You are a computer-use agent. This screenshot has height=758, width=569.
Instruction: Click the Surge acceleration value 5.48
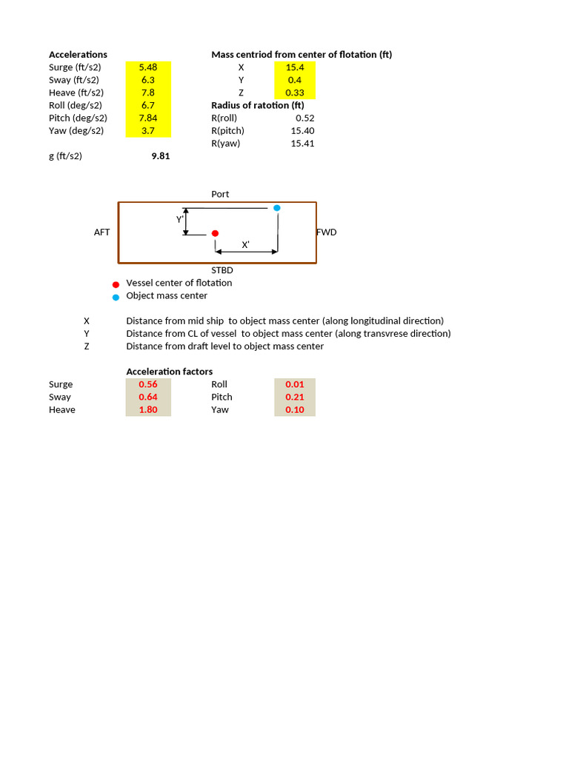[148, 67]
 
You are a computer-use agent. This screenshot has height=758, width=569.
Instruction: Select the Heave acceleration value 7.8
[148, 93]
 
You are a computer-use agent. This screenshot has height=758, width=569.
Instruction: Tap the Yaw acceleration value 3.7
[148, 131]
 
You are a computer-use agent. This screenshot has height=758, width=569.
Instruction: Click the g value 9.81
[160, 156]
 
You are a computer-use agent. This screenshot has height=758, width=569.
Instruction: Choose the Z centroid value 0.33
[295, 93]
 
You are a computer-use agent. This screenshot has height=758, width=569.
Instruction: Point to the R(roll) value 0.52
[305, 118]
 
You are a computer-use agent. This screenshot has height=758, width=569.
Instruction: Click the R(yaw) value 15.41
[302, 144]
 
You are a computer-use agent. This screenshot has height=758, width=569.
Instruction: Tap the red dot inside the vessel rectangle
[215, 233]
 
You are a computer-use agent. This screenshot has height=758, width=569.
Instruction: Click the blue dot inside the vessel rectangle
[277, 208]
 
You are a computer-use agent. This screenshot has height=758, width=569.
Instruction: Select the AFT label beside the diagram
[102, 232]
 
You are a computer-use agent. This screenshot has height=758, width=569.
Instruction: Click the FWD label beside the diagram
[327, 232]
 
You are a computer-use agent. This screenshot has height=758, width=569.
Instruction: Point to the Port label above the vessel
[220, 194]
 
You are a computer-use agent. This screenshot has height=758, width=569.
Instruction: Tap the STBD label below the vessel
[222, 271]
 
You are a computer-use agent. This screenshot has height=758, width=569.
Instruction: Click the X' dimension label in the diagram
[246, 245]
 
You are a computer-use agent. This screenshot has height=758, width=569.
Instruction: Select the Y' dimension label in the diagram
[180, 220]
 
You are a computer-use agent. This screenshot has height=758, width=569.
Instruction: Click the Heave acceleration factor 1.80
[148, 410]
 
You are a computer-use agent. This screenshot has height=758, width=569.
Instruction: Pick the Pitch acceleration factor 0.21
[295, 398]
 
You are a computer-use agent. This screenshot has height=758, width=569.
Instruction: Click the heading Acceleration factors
[170, 372]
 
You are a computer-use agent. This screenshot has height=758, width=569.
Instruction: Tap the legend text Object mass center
[167, 296]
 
